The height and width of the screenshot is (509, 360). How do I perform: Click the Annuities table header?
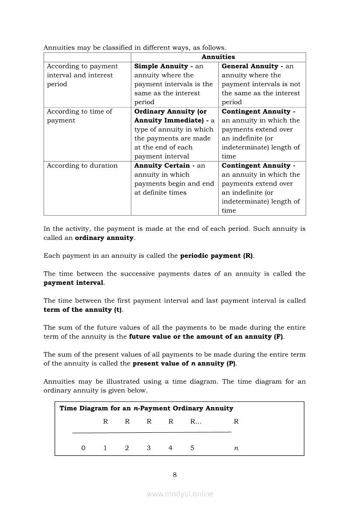pyautogui.click(x=218, y=57)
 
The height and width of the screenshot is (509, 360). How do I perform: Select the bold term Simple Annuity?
pyautogui.click(x=161, y=66)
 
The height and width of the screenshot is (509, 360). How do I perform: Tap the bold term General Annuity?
pyautogui.click(x=250, y=66)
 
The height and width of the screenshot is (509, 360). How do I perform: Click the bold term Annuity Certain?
pyautogui.click(x=162, y=165)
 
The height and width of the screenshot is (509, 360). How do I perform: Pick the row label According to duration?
pyautogui.click(x=82, y=165)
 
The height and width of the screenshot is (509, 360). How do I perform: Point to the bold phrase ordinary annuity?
pyautogui.click(x=104, y=238)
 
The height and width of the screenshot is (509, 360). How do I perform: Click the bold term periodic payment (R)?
pyautogui.click(x=216, y=256)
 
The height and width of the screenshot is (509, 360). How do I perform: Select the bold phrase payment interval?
pyautogui.click(x=73, y=283)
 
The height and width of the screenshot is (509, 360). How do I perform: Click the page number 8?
pyautogui.click(x=175, y=475)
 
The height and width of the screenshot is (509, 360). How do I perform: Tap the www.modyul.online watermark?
pyautogui.click(x=180, y=494)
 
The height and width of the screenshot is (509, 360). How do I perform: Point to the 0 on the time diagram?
pyautogui.click(x=83, y=448)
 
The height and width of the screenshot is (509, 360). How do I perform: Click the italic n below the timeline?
pyautogui.click(x=236, y=448)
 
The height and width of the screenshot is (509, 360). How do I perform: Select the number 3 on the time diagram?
pyautogui.click(x=149, y=448)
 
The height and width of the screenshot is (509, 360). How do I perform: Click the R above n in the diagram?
pyautogui.click(x=236, y=421)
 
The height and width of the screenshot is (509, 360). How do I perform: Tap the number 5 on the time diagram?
pyautogui.click(x=192, y=448)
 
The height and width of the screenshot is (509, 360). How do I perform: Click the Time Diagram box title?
pyautogui.click(x=146, y=408)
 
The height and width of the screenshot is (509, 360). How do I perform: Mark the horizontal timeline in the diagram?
pyautogui.click(x=151, y=432)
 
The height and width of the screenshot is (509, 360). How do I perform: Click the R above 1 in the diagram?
pyautogui.click(x=105, y=421)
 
